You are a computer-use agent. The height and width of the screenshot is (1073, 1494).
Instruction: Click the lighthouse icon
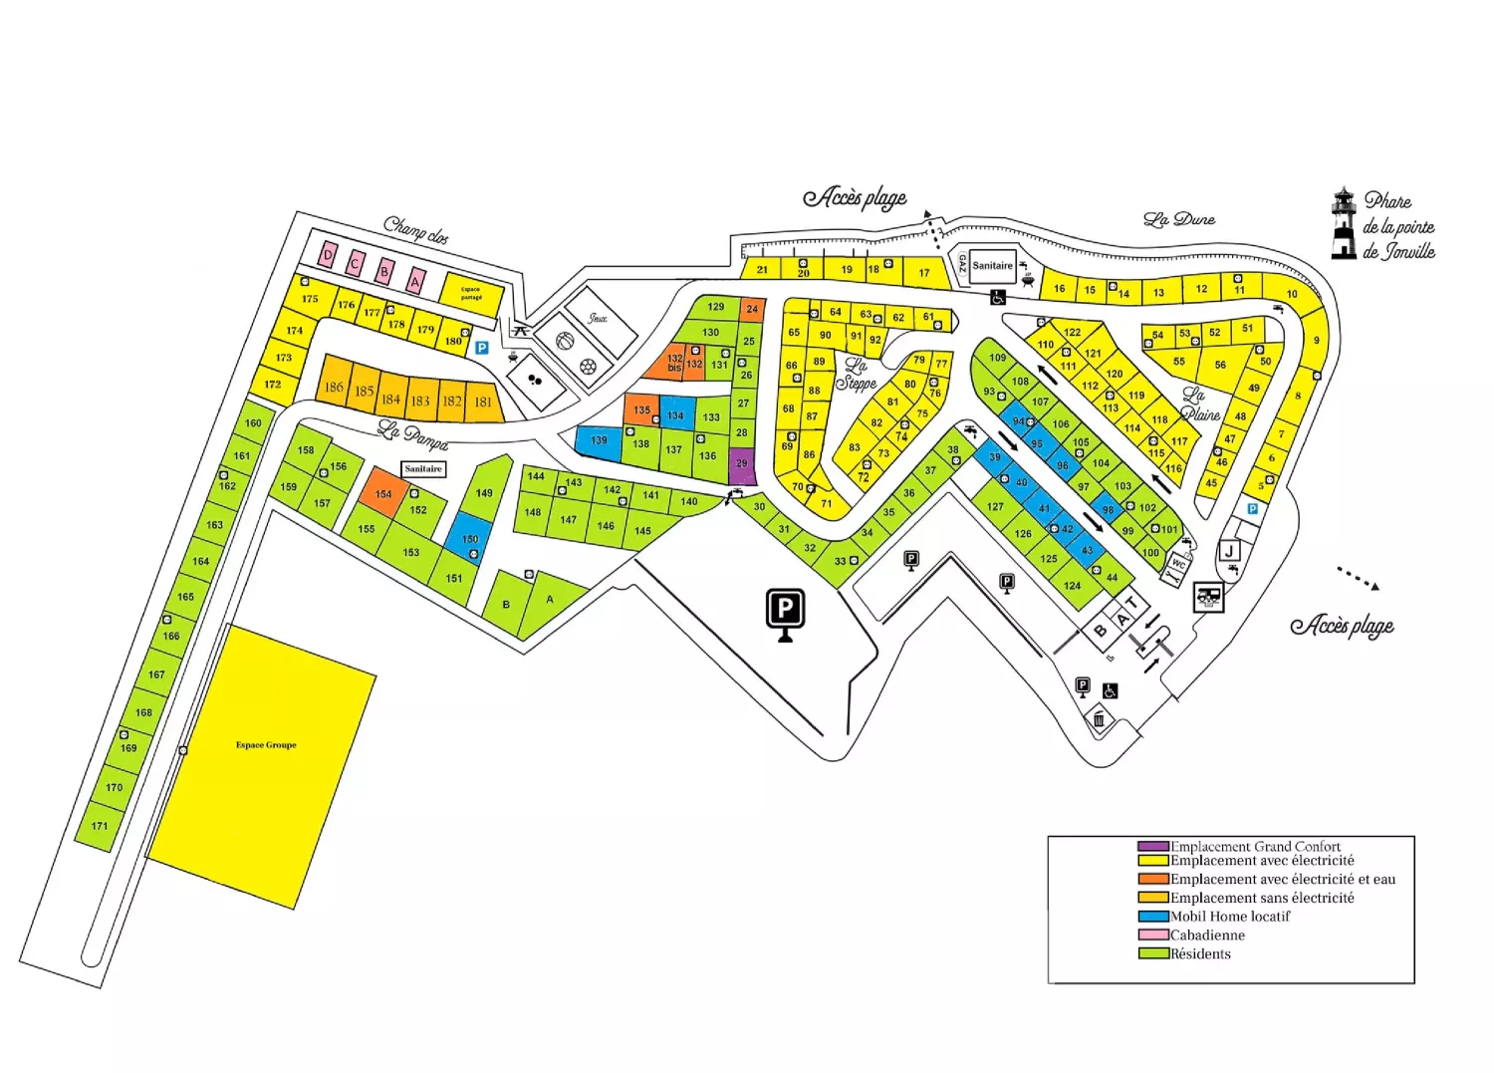click(1344, 223)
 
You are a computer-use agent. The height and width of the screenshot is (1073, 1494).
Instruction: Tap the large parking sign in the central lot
click(785, 610)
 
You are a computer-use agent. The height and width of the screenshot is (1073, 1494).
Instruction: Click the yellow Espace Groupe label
click(266, 745)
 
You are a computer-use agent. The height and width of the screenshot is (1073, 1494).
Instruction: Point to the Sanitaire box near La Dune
click(992, 266)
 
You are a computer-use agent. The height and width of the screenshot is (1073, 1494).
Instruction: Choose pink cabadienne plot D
click(328, 256)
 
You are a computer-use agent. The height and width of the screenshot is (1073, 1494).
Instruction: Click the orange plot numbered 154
click(383, 493)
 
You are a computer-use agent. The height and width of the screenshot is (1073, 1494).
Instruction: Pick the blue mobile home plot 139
click(599, 441)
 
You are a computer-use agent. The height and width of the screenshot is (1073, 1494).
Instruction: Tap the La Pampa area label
click(412, 435)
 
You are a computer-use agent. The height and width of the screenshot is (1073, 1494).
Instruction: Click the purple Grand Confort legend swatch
click(1153, 847)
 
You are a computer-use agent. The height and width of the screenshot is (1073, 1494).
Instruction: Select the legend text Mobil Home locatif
click(1230, 917)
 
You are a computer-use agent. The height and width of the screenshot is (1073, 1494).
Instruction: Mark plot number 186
click(334, 387)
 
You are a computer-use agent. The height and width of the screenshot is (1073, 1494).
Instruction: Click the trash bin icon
click(1099, 719)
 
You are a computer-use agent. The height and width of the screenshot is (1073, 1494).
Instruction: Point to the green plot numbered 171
click(100, 827)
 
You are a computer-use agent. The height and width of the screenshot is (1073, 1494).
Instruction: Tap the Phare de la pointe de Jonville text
click(1398, 227)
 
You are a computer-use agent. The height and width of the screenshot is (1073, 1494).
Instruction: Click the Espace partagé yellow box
click(471, 294)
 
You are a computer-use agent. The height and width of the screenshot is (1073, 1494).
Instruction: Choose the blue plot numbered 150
click(469, 538)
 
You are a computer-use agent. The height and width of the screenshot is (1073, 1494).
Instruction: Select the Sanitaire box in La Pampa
click(423, 469)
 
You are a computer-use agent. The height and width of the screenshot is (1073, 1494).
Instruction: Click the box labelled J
click(1230, 552)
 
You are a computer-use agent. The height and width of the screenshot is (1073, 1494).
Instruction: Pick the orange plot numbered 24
click(752, 309)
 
